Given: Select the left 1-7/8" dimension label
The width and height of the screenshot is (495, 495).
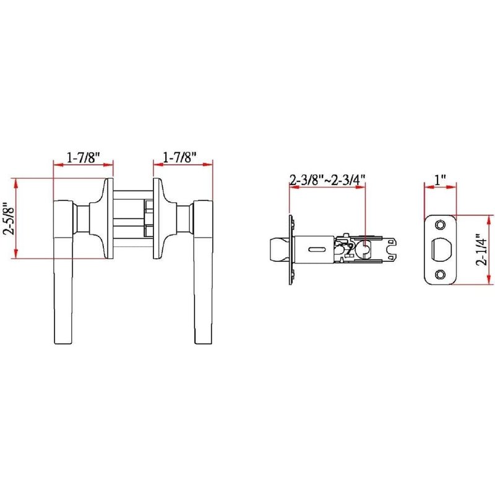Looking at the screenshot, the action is [84, 157].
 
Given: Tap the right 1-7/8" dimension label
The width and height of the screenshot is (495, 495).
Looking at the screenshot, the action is [179, 157].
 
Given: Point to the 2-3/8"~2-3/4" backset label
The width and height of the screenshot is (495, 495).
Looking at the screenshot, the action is [327, 179].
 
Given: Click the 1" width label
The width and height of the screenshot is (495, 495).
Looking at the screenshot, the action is [440, 180].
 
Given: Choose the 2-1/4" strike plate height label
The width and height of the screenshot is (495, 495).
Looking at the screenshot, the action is [483, 249].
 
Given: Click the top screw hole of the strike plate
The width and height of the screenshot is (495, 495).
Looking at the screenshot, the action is [440, 225].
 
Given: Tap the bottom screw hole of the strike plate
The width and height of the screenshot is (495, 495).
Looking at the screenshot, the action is [440, 274].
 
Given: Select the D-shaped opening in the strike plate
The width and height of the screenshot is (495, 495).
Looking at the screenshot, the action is [441, 249].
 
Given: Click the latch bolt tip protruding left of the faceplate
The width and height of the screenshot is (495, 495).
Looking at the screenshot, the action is [279, 249].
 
